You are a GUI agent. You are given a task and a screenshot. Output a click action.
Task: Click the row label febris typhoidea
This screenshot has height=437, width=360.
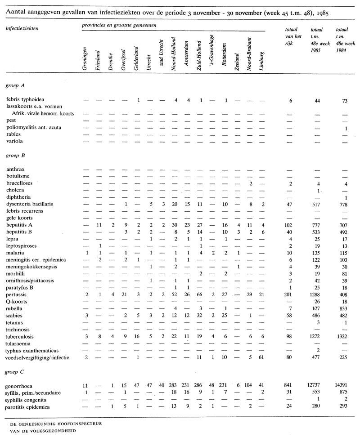[x=25, y=99]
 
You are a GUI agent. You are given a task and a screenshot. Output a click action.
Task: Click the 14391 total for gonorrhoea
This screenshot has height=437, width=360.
[x=345, y=386]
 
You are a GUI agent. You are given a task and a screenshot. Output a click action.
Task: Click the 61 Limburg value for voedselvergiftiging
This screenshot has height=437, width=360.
[x=262, y=358]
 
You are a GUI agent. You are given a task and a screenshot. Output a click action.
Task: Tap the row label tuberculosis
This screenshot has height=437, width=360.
[x=21, y=336]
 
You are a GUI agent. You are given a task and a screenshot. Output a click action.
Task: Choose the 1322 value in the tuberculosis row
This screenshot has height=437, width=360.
[x=345, y=336]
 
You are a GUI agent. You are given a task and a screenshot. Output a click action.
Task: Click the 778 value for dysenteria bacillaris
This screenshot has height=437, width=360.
[x=345, y=204]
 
